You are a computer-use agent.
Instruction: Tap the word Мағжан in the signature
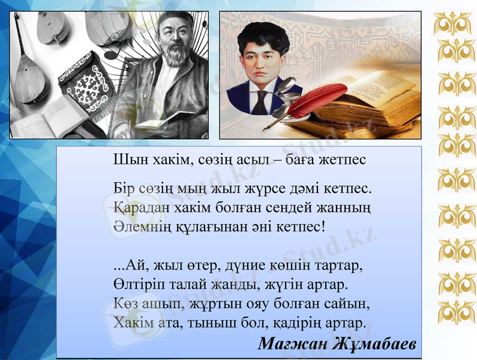(289, 344)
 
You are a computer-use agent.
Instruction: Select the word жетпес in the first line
(343, 160)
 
